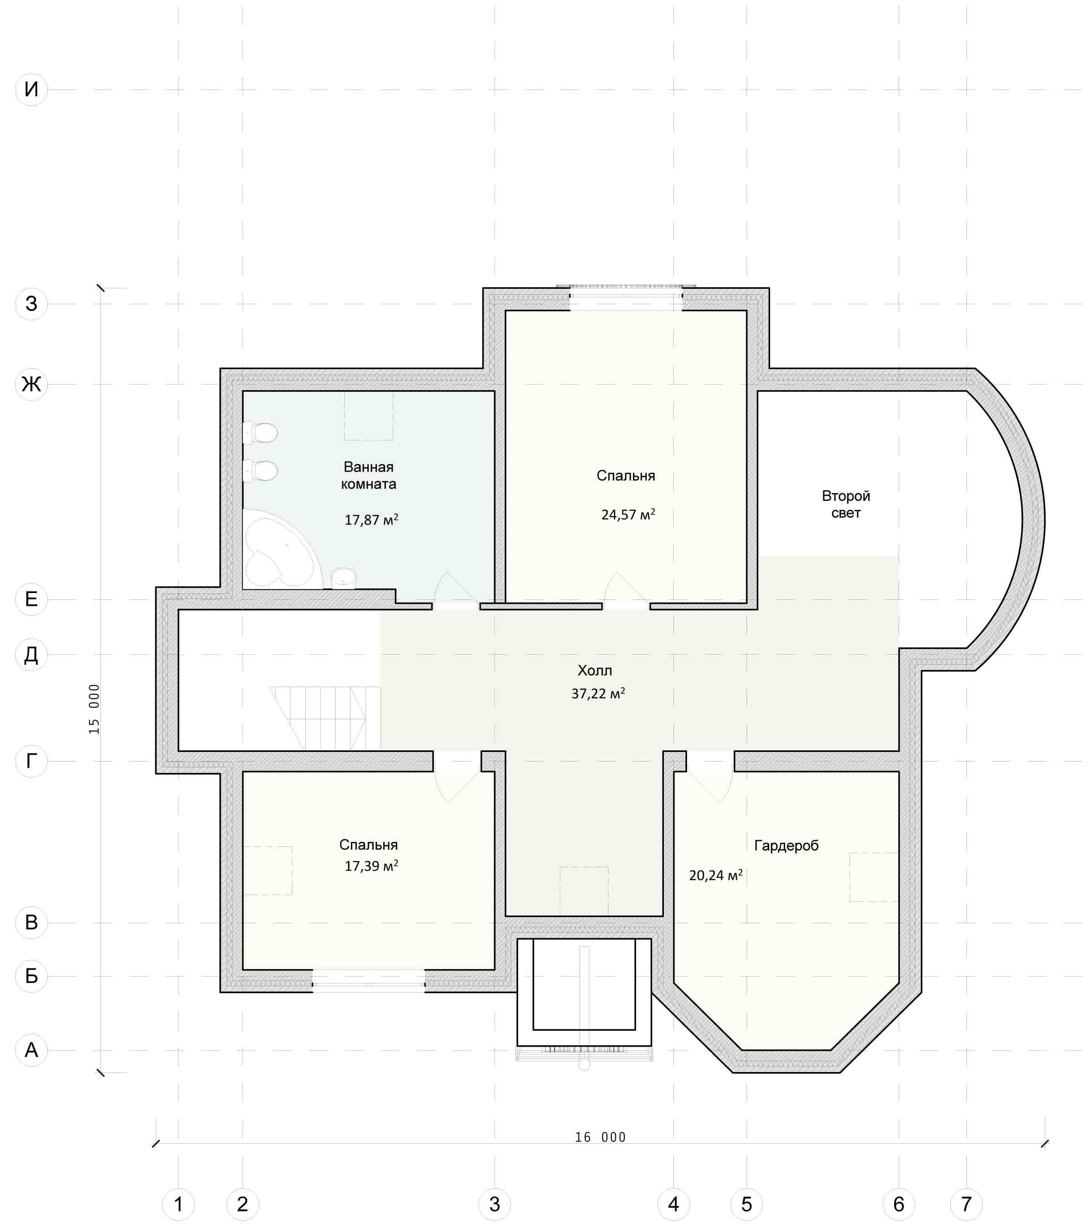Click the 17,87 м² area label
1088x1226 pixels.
coord(371,519)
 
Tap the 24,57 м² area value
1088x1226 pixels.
coord(628,514)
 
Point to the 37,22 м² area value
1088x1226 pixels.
coord(598,693)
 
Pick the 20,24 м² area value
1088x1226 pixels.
coord(716,875)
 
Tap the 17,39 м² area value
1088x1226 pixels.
coord(371,865)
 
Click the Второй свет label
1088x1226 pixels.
coord(846,504)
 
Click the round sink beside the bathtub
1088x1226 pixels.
coord(344,578)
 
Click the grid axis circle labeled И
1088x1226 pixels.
coord(31,89)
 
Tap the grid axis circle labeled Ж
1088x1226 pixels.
coord(31,384)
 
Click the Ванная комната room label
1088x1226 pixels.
coord(368,475)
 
